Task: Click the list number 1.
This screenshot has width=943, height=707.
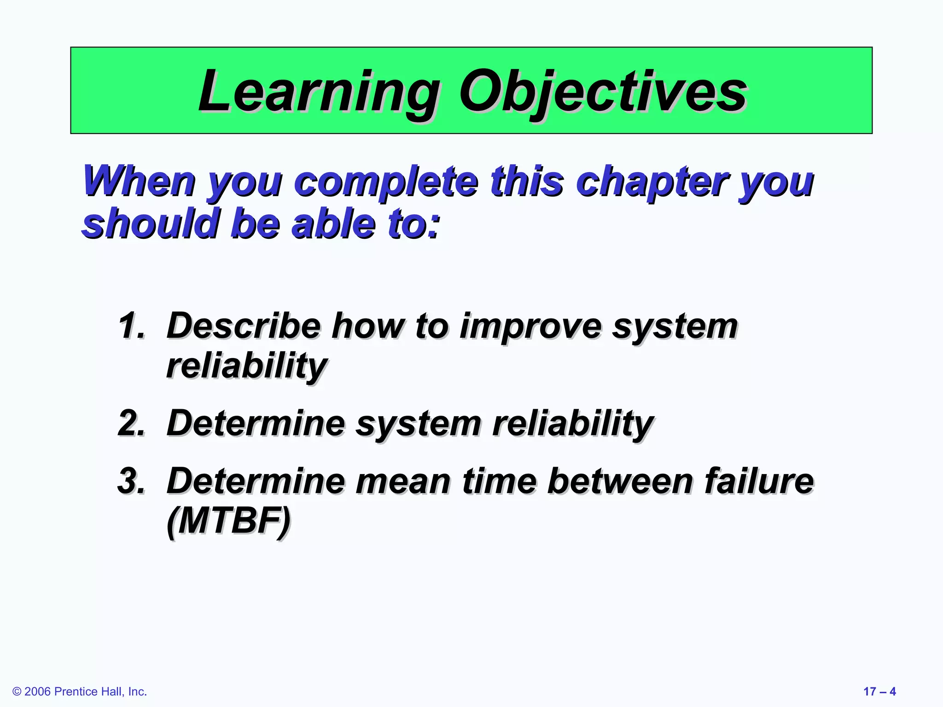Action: coord(132,326)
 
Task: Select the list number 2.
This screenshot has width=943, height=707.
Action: coord(132,423)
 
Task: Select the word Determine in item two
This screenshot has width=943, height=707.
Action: coord(256,423)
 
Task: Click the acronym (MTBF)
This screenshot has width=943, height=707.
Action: coord(228,521)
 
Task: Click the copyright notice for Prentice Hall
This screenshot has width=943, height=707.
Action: coord(80,691)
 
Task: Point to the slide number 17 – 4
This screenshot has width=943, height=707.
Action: coord(879,691)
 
